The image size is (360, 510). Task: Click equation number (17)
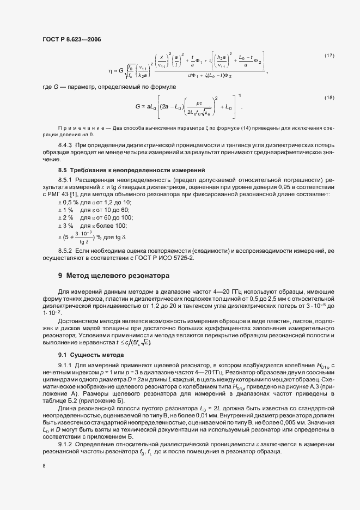pos(329,56)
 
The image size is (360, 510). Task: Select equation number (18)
pos(329,97)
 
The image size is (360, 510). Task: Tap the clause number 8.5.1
pos(66,180)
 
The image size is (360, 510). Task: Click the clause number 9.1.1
pos(66,364)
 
